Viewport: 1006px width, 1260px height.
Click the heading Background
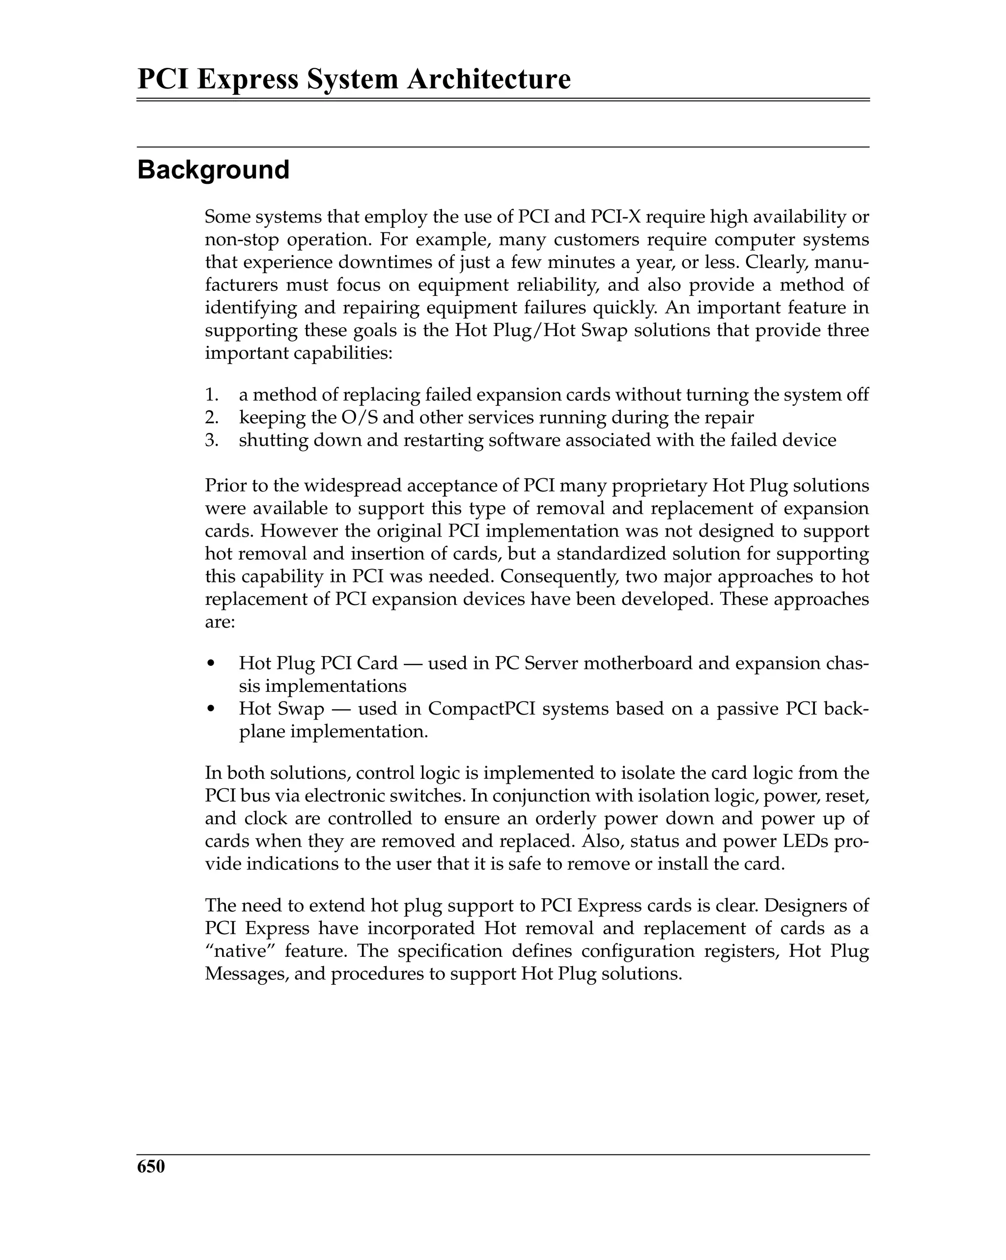pyautogui.click(x=213, y=170)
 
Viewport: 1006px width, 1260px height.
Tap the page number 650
pyautogui.click(x=151, y=1167)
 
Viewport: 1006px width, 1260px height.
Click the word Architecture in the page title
pyautogui.click(x=488, y=80)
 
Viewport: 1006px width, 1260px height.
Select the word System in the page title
pyautogui.click(x=352, y=80)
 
